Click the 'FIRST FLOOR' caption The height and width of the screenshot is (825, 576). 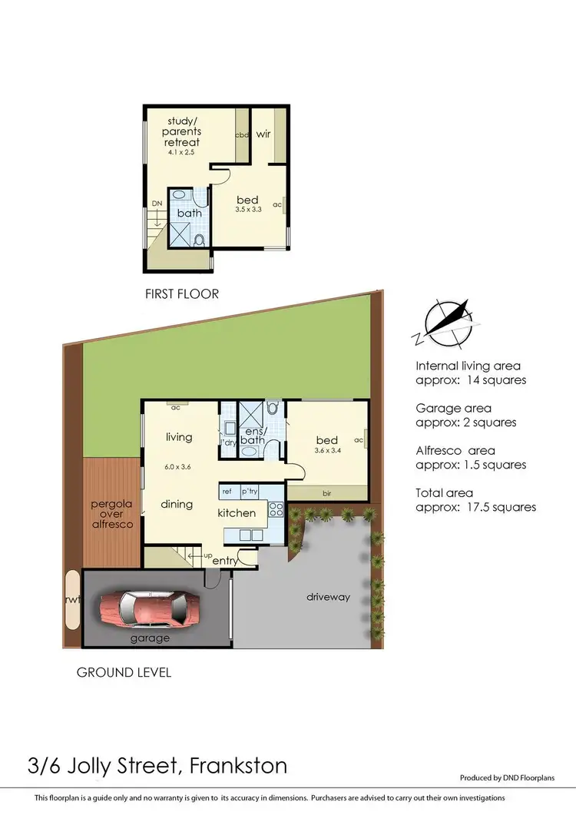pos(182,293)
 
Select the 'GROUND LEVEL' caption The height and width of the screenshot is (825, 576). pos(124,672)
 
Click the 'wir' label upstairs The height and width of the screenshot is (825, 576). pos(263,133)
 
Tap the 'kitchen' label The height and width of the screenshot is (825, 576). pos(237,512)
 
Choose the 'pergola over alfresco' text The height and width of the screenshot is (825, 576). pos(112,514)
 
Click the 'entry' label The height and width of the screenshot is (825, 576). pos(225,561)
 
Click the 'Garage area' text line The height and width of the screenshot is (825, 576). pos(453,409)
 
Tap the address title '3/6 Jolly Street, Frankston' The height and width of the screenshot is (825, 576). pos(157,766)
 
